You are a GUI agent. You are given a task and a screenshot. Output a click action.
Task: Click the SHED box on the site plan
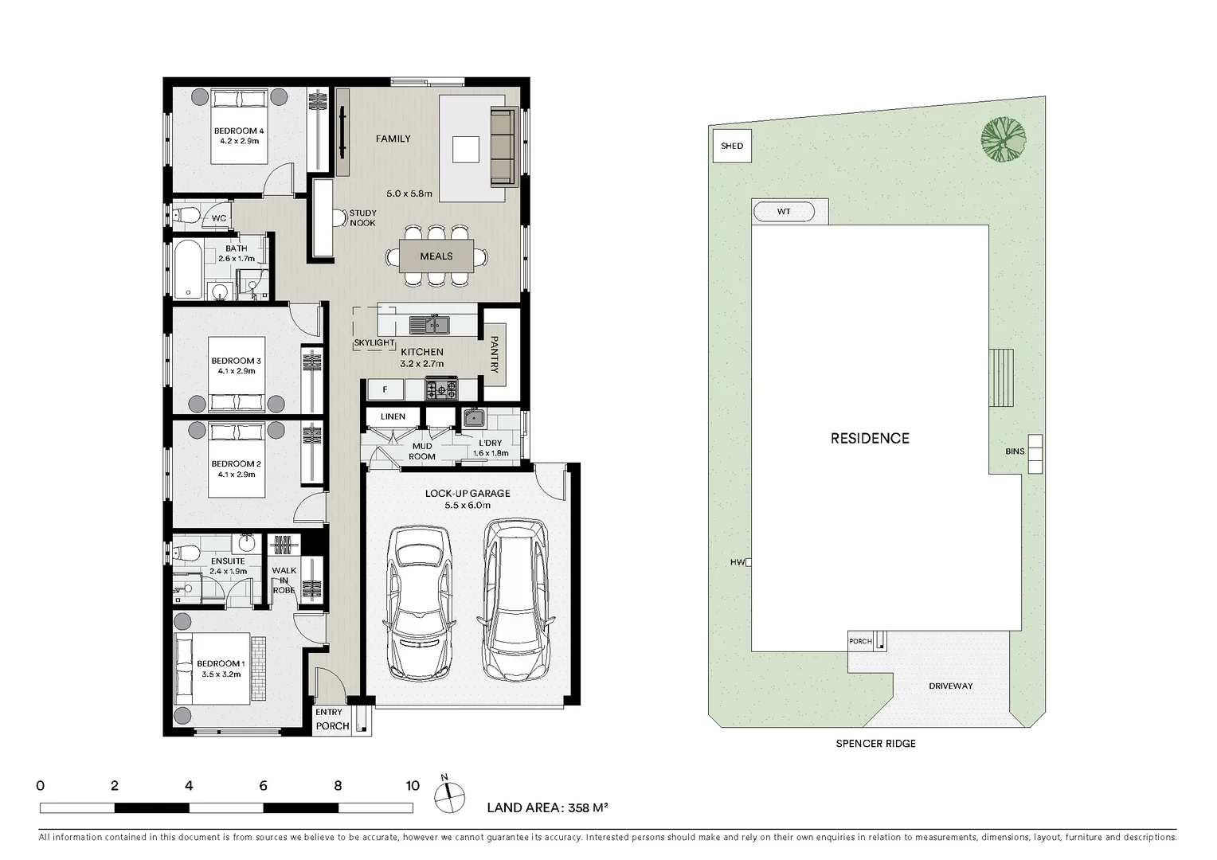[732, 146]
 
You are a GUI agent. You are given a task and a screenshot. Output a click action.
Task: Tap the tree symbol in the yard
[1004, 139]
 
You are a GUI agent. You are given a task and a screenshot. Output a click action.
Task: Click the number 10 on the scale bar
[413, 786]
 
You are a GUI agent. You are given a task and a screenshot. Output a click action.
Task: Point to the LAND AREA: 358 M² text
[547, 808]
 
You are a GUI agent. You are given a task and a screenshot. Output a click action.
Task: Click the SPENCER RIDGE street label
[875, 744]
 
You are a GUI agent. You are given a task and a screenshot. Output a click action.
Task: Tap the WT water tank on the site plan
[784, 211]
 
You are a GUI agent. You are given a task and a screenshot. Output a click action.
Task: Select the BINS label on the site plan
[1015, 451]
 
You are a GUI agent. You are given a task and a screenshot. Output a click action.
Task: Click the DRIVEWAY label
[950, 686]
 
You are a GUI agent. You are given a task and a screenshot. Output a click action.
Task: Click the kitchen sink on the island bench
[429, 325]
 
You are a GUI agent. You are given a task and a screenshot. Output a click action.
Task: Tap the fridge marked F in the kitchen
[385, 389]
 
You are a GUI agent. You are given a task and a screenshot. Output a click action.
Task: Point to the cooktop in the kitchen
[441, 389]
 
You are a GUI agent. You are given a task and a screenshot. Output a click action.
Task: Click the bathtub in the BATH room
[188, 268]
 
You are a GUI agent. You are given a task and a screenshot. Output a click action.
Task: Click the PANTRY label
[494, 354]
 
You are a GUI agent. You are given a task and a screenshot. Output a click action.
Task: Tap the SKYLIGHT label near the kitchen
[374, 342]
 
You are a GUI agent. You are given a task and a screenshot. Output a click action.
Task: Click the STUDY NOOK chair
[340, 218]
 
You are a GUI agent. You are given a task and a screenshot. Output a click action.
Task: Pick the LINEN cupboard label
[393, 416]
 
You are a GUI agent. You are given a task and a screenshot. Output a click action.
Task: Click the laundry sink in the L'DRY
[475, 418]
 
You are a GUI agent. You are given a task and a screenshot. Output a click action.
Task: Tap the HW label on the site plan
[738, 562]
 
